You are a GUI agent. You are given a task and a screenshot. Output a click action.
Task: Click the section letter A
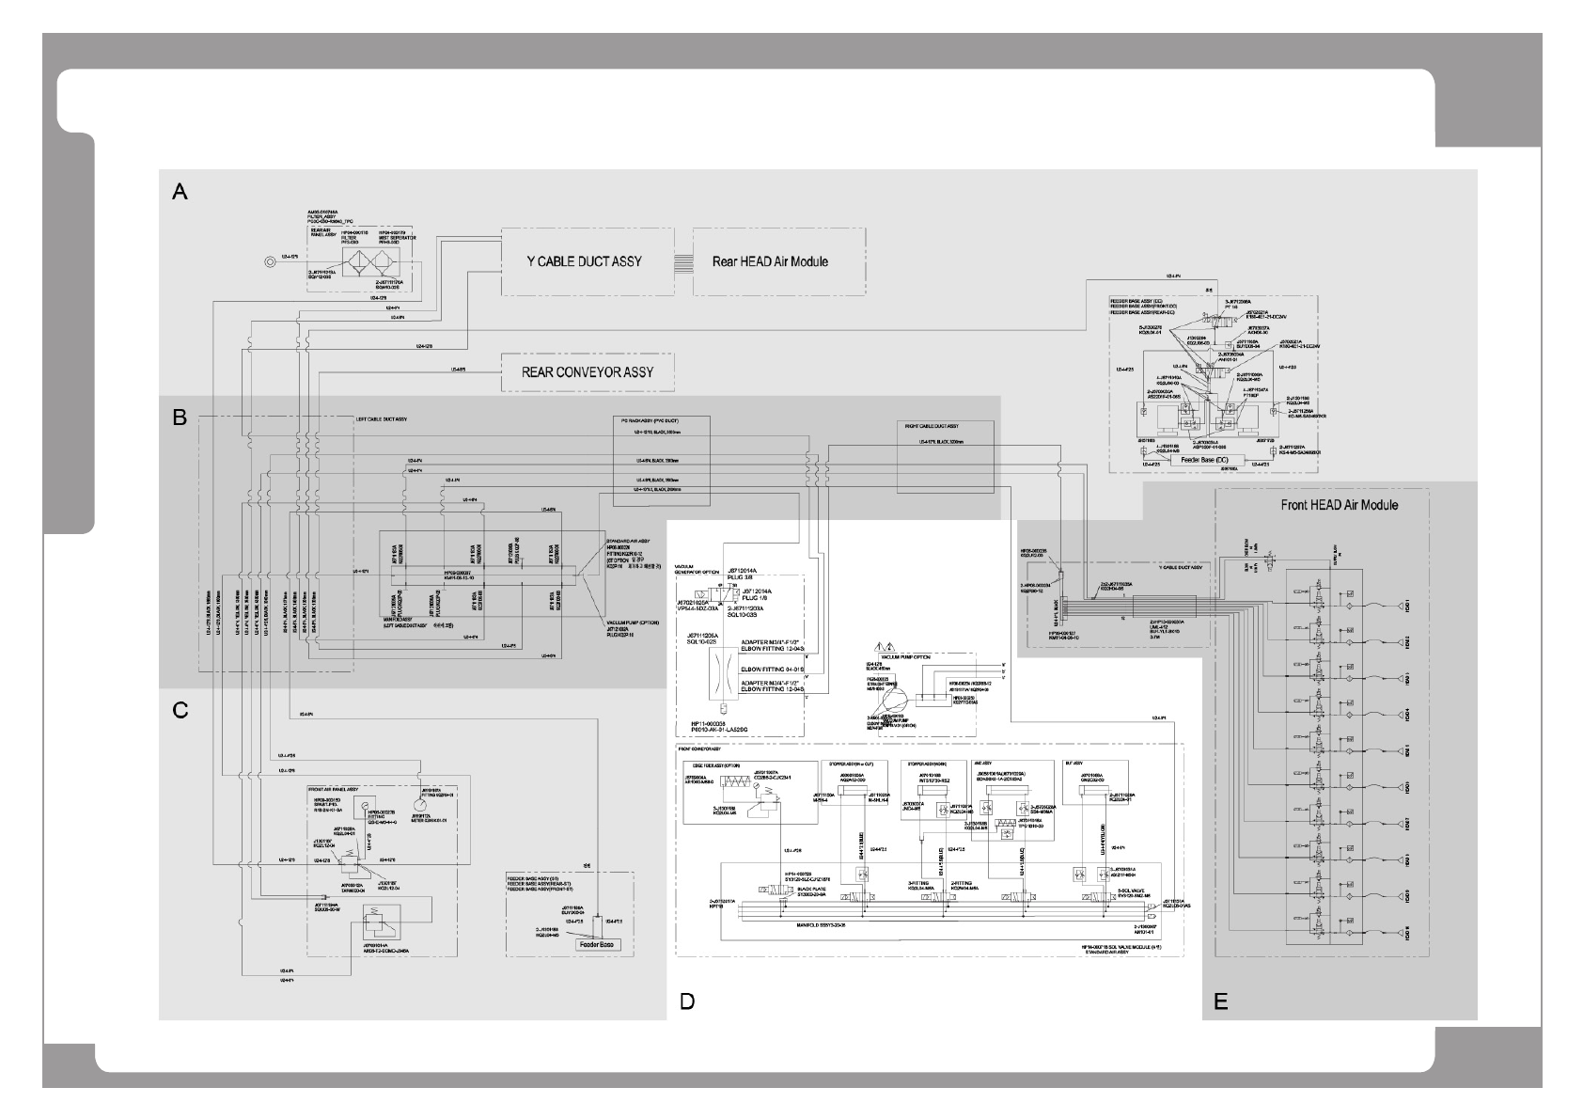[x=180, y=192]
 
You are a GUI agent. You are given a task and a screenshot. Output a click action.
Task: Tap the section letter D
[x=687, y=1001]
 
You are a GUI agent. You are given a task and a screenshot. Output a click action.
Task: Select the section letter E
[x=1220, y=1001]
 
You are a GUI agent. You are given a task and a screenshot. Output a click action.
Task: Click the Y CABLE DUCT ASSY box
[x=585, y=260]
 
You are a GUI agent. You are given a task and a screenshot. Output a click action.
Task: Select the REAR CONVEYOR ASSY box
[x=588, y=371]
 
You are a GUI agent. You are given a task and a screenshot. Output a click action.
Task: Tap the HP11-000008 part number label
[x=718, y=724]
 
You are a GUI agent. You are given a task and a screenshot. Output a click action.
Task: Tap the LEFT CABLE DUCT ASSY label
[x=381, y=418]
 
